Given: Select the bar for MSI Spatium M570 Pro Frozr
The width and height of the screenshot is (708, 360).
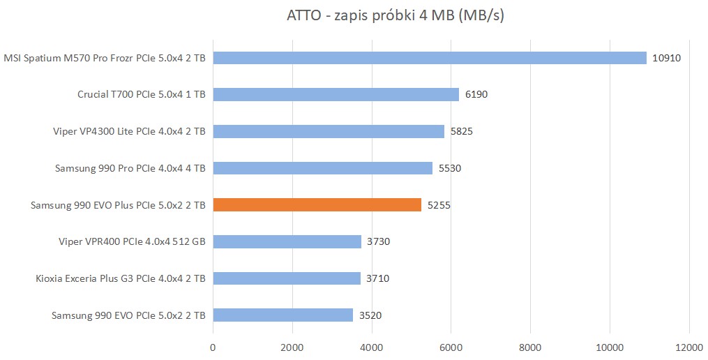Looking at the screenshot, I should point(430,58).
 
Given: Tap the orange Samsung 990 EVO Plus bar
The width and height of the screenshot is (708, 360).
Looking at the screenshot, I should point(317,205).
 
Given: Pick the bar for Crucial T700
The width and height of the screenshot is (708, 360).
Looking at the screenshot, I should point(336,94).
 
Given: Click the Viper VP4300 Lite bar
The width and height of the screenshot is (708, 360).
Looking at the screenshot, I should point(329,131).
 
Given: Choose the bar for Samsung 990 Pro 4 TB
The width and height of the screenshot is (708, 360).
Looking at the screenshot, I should point(322,168).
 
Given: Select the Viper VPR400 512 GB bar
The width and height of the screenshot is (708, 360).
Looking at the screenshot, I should point(287,242).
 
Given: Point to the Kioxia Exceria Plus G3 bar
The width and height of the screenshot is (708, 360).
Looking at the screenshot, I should point(287,278).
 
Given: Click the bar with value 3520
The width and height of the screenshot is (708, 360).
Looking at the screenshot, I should point(283,315).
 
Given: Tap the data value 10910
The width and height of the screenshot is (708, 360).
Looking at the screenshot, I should point(666,58).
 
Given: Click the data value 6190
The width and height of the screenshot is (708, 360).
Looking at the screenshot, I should point(476,94).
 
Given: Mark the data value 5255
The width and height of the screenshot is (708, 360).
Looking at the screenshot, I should point(438,205).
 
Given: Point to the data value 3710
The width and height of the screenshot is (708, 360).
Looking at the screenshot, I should point(377,278).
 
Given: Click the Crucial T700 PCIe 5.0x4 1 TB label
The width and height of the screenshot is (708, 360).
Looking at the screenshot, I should point(141,94).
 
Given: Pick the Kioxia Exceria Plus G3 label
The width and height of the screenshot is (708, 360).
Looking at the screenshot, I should point(120,278).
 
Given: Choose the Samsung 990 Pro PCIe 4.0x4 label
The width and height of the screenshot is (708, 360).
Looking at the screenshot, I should point(130,168).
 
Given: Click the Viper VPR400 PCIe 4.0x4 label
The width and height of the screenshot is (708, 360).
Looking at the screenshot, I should point(132,242).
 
